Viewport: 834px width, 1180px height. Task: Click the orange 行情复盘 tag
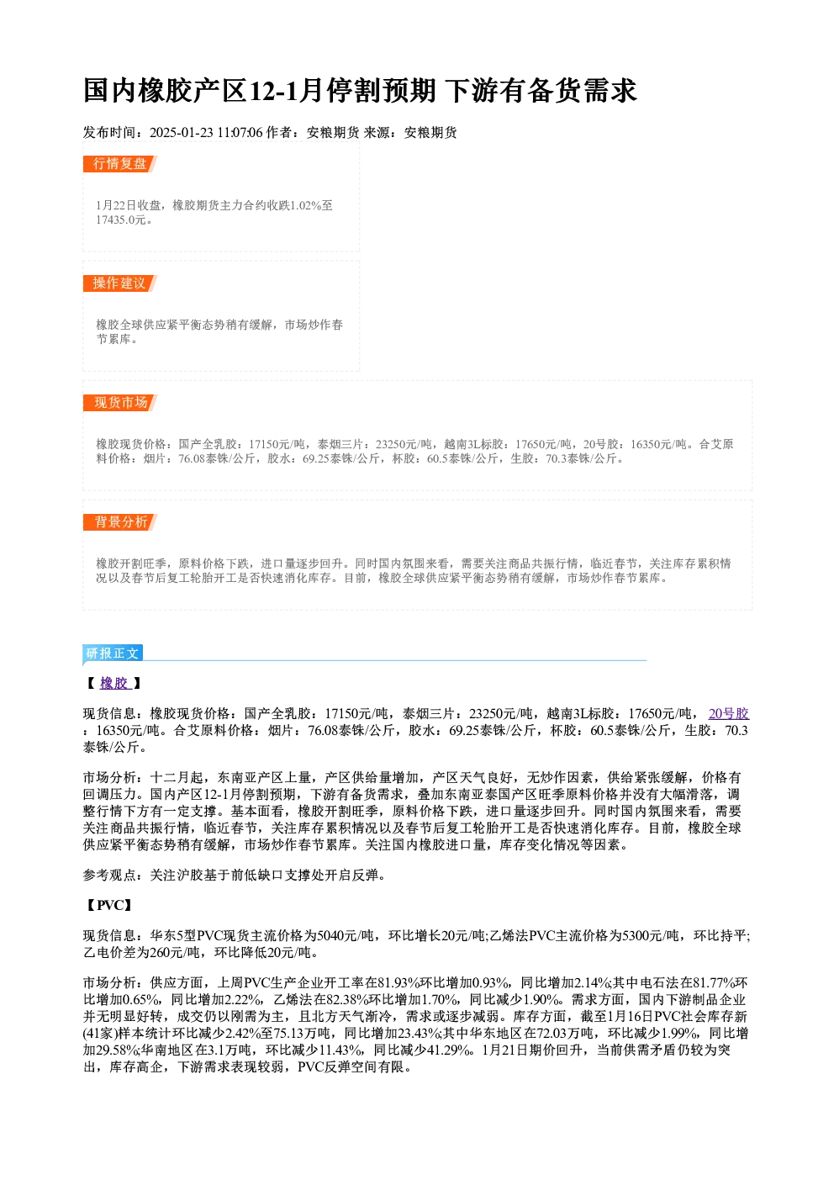click(x=120, y=164)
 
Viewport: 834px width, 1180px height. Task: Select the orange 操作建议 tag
click(x=120, y=283)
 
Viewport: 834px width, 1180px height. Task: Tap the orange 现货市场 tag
click(x=120, y=403)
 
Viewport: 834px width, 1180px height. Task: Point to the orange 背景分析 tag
click(x=120, y=522)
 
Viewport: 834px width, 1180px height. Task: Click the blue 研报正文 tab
click(x=113, y=653)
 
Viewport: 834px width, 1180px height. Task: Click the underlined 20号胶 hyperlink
click(x=729, y=714)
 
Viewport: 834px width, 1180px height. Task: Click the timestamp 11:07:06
click(x=240, y=133)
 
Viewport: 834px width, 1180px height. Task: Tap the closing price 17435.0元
click(x=120, y=220)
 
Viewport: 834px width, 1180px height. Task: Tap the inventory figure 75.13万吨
click(x=302, y=1034)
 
